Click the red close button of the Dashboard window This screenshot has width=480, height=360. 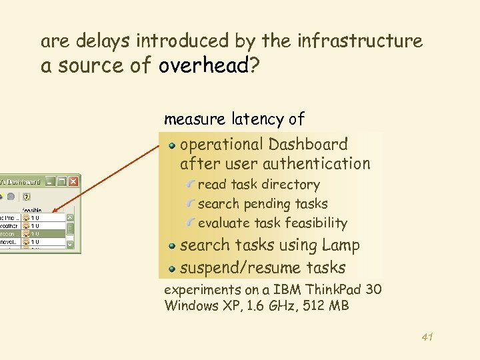[73, 181]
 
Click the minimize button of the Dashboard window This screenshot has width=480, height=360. [49, 181]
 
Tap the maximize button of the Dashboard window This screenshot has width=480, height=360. [61, 181]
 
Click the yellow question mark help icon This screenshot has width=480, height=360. [27, 197]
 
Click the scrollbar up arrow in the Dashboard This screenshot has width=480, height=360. [70, 217]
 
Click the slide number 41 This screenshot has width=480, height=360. [427, 337]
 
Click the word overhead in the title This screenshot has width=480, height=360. [203, 66]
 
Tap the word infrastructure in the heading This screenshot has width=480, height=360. [360, 41]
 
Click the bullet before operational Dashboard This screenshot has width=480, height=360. [172, 145]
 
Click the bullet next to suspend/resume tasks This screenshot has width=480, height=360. [172, 268]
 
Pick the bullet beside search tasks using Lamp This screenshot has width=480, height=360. [172, 245]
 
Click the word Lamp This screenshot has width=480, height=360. [341, 245]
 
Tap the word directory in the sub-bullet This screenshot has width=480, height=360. [291, 185]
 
